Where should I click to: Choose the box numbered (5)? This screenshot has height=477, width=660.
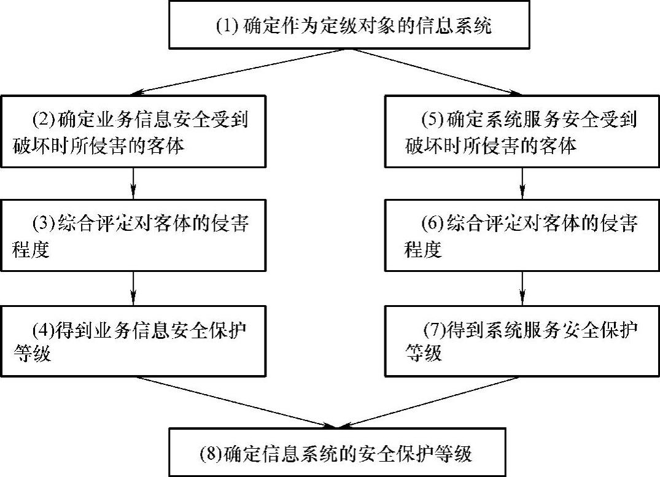tap(521, 131)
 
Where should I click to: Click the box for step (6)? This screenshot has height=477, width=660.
tap(521, 235)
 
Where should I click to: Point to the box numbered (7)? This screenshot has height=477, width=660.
tap(521, 339)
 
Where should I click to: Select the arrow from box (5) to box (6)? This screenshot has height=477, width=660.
tap(522, 183)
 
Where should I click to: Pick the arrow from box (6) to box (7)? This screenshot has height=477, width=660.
tap(522, 287)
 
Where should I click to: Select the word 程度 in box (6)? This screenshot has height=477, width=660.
tap(423, 250)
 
